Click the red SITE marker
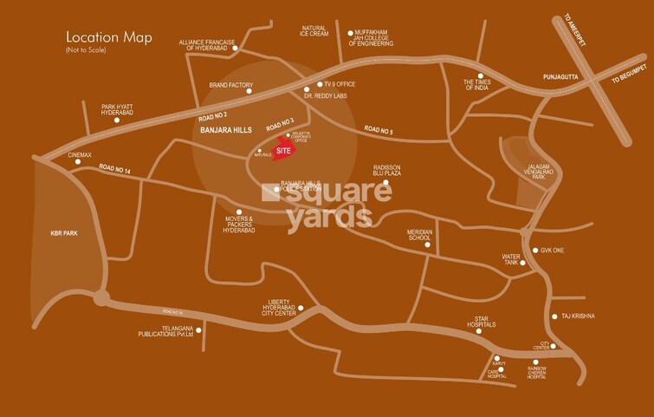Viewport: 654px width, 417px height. [x=283, y=149]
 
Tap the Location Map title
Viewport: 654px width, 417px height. [x=109, y=38]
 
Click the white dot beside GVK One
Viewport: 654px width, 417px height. [x=534, y=251]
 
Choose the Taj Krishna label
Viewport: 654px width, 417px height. [x=579, y=316]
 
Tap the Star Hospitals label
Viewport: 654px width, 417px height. [x=483, y=323]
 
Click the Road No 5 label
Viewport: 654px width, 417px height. [x=379, y=129]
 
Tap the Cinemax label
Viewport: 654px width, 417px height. [x=80, y=155]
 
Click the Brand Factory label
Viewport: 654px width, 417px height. [x=230, y=85]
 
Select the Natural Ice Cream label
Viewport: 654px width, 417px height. [x=313, y=31]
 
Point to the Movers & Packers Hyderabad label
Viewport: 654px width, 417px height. [x=239, y=224]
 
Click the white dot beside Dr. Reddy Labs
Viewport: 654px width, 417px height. [x=308, y=90]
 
